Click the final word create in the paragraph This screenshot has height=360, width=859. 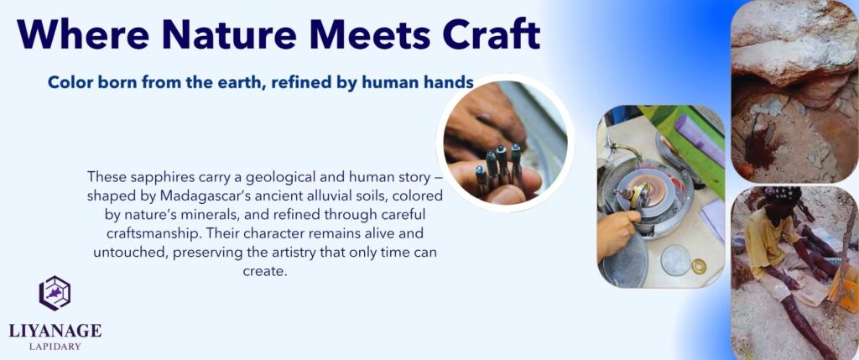click(x=264, y=271)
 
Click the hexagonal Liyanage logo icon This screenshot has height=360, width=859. click(x=55, y=293)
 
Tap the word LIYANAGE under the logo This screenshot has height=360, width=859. click(x=55, y=331)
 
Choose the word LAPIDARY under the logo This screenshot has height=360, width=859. click(x=55, y=347)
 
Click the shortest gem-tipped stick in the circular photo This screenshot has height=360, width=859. click(x=482, y=178)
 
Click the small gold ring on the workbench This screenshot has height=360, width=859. click(x=699, y=266)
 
